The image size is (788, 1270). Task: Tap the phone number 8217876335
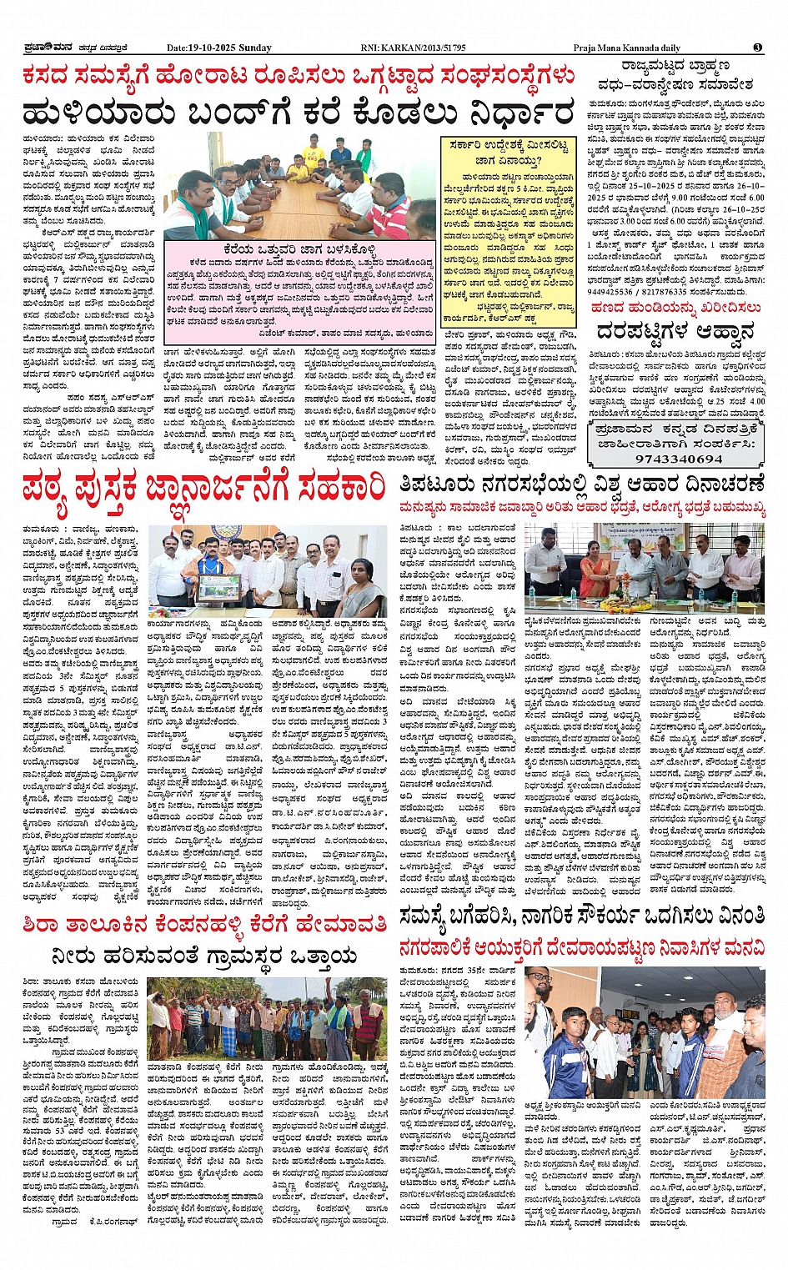coord(675,293)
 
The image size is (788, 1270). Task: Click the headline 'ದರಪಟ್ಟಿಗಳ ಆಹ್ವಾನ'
coord(677,331)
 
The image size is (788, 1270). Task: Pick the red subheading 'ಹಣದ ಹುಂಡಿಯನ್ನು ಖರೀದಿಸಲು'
coord(677,308)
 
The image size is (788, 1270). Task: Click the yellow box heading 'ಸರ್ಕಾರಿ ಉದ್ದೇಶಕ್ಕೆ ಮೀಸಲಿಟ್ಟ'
coord(509,145)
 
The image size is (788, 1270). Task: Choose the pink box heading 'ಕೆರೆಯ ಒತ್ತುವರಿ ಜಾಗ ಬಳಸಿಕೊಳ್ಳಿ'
coord(301,248)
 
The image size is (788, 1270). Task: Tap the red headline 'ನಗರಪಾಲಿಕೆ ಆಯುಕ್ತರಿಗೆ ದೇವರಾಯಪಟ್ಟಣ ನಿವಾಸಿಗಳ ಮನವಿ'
coord(581,947)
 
